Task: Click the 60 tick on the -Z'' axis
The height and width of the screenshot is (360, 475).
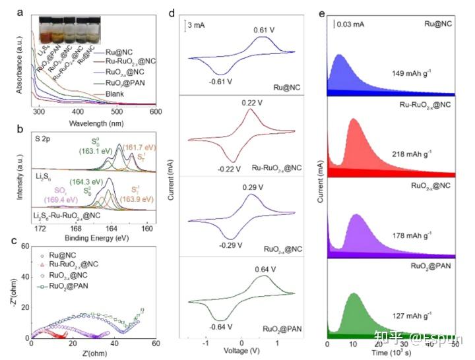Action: pyautogui.click(x=25, y=245)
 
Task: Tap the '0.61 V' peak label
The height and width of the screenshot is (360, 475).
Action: pyautogui.click(x=264, y=30)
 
